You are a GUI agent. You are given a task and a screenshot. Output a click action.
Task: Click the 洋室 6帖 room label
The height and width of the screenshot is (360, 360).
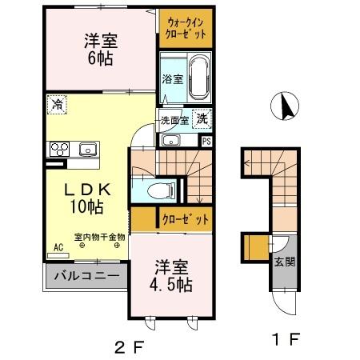[x=100, y=50]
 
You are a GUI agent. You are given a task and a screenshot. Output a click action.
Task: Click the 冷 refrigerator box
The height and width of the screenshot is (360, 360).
[x=58, y=103]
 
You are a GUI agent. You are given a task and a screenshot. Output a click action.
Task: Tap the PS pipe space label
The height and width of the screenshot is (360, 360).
[x=206, y=141]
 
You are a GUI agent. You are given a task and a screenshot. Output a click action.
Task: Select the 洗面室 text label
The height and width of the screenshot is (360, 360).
[x=174, y=122]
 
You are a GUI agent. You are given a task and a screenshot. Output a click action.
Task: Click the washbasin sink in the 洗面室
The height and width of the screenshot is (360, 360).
[x=170, y=140]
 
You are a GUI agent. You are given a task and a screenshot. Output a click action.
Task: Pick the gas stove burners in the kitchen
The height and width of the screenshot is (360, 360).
[x=59, y=149]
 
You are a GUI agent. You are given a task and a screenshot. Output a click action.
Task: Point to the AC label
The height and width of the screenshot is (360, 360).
[x=58, y=248]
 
